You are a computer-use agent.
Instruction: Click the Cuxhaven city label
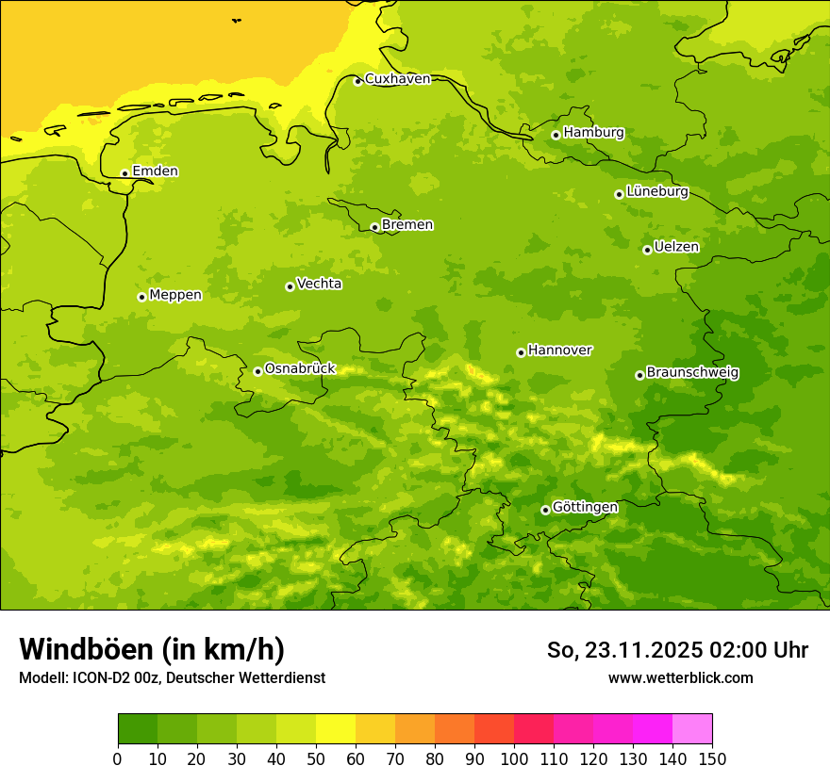coord(397,79)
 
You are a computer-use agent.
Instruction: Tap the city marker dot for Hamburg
coord(556,135)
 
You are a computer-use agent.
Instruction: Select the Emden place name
coord(155,171)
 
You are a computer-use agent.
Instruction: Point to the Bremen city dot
coord(374,227)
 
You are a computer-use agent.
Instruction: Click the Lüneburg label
coord(656,191)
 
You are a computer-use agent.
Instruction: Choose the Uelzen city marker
coord(647,250)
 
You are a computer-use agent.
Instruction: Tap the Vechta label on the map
coord(319,284)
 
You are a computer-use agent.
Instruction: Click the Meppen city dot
coord(141,297)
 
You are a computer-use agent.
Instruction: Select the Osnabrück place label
coord(300,368)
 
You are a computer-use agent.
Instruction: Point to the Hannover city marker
coord(521,352)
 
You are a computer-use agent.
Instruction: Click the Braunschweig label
coord(692,372)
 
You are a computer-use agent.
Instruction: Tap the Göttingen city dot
coord(545,510)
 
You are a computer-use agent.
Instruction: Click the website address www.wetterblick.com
coord(680,677)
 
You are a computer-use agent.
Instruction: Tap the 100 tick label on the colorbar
coord(513,758)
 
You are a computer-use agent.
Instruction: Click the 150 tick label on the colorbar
coord(711,758)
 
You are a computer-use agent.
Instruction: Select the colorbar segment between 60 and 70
coord(374,729)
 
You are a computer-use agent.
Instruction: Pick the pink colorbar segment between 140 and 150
coord(691,729)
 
